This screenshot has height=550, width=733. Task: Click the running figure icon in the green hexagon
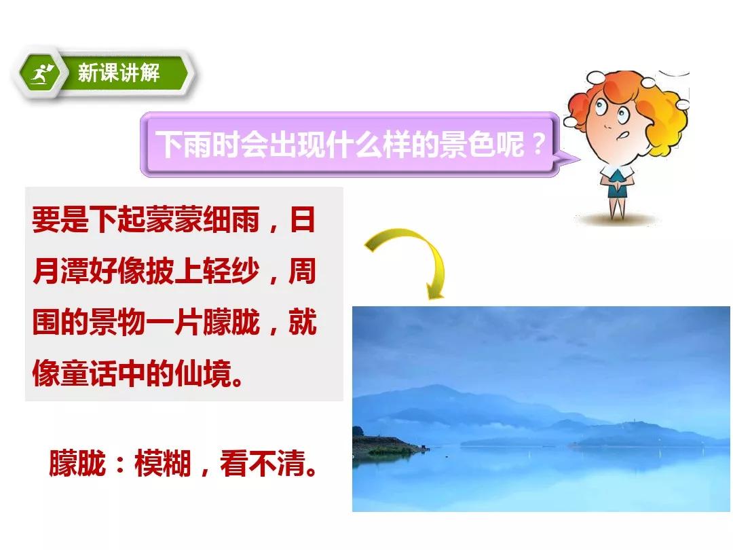pos(41,73)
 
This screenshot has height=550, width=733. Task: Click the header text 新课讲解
pos(119,73)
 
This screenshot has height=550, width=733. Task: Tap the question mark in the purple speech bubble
pos(538,144)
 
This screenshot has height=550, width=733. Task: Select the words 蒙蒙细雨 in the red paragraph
pos(202,219)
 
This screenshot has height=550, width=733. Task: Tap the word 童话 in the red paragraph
pos(89,373)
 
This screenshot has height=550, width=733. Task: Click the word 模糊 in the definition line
pos(163,464)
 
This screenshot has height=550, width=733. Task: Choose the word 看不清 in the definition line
pos(262,464)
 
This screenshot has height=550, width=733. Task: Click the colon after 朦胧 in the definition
pos(120,464)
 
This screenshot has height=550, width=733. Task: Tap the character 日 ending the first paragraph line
pos(302,219)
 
